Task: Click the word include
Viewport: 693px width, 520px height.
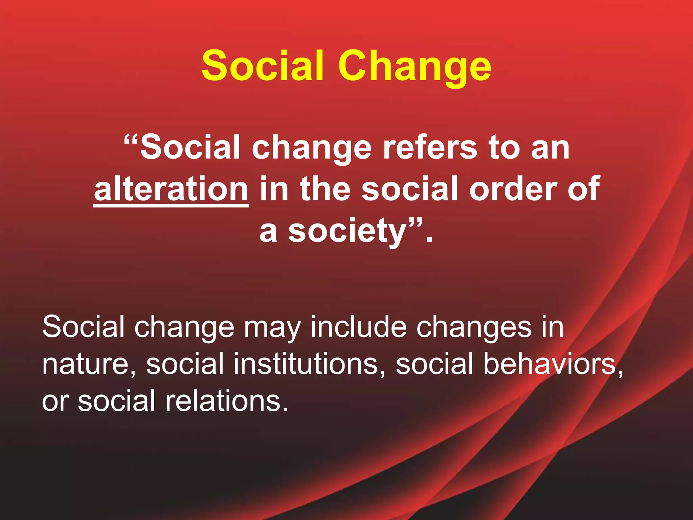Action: coord(359,327)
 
